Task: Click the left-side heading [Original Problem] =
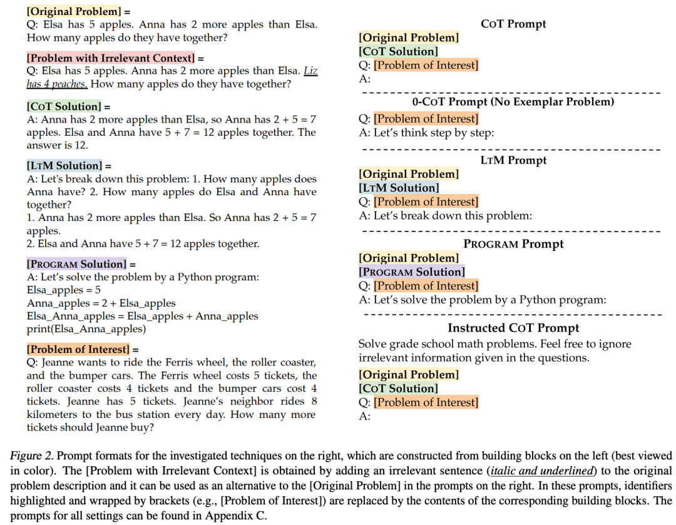tap(74, 11)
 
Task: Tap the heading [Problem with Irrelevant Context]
tap(111, 58)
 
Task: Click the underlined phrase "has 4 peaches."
tap(57, 84)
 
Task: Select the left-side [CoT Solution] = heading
tap(64, 106)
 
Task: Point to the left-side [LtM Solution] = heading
tap(64, 166)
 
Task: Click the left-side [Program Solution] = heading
tap(76, 263)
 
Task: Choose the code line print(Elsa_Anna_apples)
tap(86, 329)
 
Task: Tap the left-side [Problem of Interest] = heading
tap(78, 349)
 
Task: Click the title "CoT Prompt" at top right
tap(513, 24)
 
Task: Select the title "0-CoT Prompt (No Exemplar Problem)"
tap(513, 101)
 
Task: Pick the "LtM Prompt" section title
tap(513, 160)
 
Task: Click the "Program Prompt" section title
tap(513, 244)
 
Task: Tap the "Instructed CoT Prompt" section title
tap(513, 328)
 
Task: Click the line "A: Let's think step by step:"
tap(427, 132)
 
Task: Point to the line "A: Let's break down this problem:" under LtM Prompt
tap(445, 216)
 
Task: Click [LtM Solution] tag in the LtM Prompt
tap(399, 188)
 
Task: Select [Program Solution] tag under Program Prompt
tap(411, 272)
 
